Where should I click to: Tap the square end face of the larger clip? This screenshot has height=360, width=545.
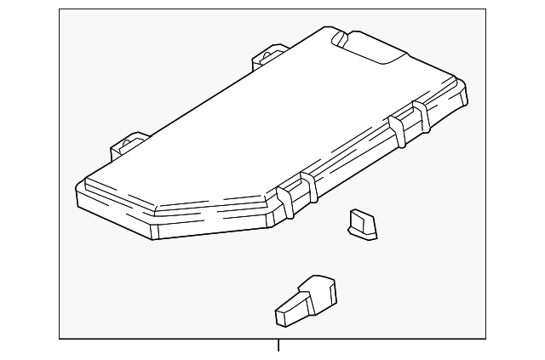pos(285,317)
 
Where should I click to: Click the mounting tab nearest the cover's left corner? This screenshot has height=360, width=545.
pos(129,146)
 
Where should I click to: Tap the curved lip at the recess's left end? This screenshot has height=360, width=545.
pos(339,37)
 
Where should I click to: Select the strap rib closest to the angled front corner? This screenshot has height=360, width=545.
pos(287,202)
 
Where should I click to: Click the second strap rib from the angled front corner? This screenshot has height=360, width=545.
pos(310,189)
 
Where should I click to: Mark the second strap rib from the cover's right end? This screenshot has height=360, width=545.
pos(396,129)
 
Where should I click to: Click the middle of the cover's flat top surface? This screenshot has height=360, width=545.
pos(255,128)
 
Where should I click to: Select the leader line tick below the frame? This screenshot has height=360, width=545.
pos(278,345)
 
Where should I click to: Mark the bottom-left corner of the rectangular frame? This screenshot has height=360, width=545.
pos(60,338)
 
